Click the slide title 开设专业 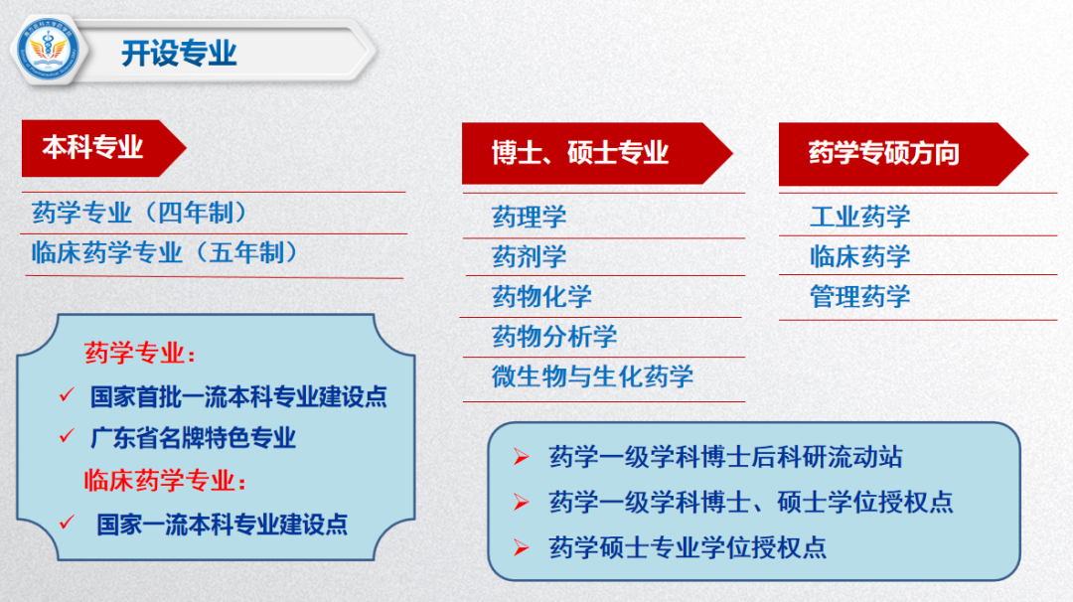(x=179, y=53)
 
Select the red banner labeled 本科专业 (x=93, y=148)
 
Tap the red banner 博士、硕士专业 (x=580, y=152)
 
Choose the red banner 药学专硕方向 (x=884, y=153)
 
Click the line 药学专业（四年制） (x=139, y=212)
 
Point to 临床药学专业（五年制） (x=165, y=253)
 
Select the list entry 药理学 (x=530, y=217)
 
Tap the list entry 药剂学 (x=530, y=256)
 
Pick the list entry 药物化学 (x=541, y=296)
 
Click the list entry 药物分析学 (x=554, y=337)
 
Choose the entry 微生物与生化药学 (x=592, y=376)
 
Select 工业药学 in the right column (x=859, y=217)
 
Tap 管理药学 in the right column (x=859, y=296)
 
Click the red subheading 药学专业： (x=140, y=354)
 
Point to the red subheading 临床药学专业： (x=165, y=481)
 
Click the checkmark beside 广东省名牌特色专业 (x=68, y=436)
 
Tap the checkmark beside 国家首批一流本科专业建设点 (x=68, y=395)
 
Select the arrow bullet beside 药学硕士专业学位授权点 (x=521, y=545)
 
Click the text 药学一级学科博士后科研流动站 (x=725, y=457)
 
